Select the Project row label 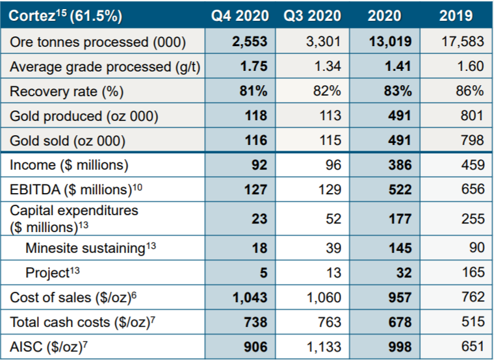pyautogui.click(x=49, y=272)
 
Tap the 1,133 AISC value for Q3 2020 pyautogui.click(x=324, y=346)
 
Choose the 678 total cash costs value pyautogui.click(x=398, y=322)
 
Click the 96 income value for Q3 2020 pyautogui.click(x=333, y=165)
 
